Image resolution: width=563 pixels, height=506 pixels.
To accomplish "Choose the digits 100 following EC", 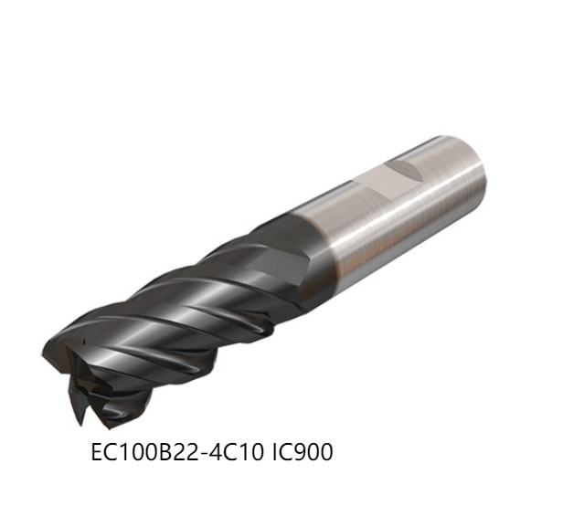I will click(134, 452).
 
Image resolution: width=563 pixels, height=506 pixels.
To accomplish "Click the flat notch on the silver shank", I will click(400, 171).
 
